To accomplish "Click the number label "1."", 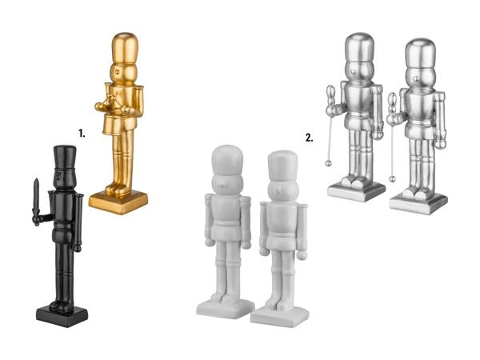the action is point(82,133).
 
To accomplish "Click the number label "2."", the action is point(310,138).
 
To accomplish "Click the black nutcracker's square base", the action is point(62,316).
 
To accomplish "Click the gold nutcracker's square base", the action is point(118,202).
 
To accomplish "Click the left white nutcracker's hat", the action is point(227,160).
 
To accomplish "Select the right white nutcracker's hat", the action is point(283,166).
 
